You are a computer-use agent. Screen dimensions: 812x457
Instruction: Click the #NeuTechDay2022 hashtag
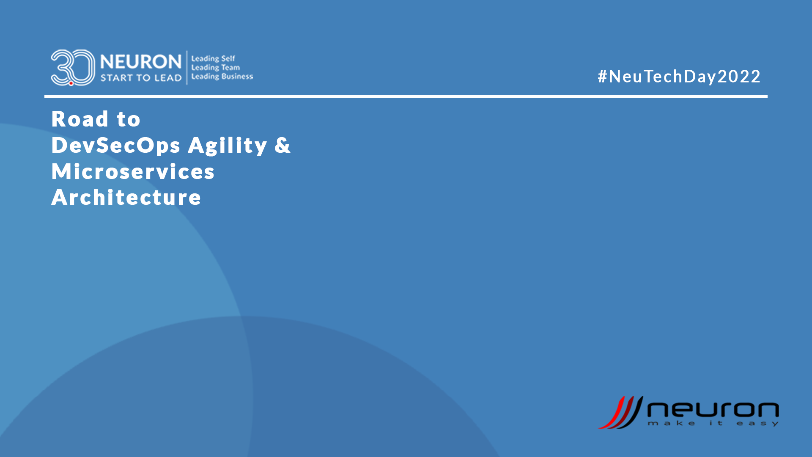click(679, 77)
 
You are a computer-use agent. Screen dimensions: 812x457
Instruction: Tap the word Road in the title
click(80, 119)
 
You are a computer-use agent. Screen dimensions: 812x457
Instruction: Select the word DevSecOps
click(116, 145)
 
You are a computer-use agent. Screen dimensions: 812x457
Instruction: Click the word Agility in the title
click(227, 146)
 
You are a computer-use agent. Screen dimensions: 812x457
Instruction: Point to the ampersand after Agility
click(283, 145)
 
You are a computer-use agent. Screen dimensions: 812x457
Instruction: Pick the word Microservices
click(133, 171)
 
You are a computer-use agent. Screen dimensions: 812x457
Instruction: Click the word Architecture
click(126, 197)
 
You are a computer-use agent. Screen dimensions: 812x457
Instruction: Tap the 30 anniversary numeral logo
click(73, 68)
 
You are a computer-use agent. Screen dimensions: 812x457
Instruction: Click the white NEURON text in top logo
click(141, 62)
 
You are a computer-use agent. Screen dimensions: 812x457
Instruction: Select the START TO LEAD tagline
click(141, 78)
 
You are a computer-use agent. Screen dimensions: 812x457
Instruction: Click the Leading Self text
click(213, 58)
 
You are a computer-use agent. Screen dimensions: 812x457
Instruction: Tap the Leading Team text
click(215, 67)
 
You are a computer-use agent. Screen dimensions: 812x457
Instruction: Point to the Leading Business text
click(222, 76)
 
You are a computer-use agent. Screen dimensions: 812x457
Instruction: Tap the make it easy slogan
click(713, 423)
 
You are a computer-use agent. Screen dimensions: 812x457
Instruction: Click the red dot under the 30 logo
click(71, 83)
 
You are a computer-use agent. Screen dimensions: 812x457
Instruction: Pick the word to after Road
click(129, 120)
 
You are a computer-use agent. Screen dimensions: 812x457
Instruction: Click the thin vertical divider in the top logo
click(187, 68)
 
